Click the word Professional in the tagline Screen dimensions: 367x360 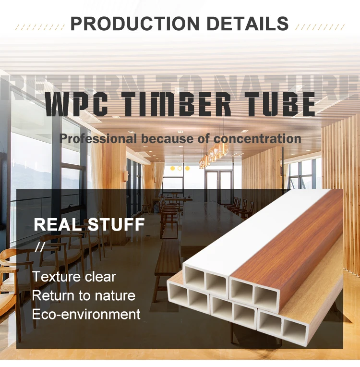pos(98,139)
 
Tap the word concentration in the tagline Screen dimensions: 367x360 pos(257,139)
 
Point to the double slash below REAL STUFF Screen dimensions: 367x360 pos(39,247)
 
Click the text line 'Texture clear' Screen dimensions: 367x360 pos(74,277)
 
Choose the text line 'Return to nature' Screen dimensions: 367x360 pos(84,295)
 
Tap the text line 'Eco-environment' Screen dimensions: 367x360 pos(86,314)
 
